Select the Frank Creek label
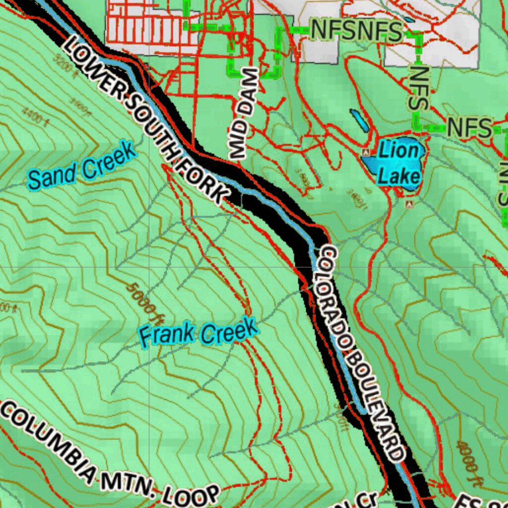(x=198, y=333)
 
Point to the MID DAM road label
(x=245, y=114)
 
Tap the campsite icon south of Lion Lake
(x=409, y=204)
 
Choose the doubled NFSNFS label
(x=356, y=32)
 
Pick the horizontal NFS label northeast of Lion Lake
(x=469, y=127)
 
